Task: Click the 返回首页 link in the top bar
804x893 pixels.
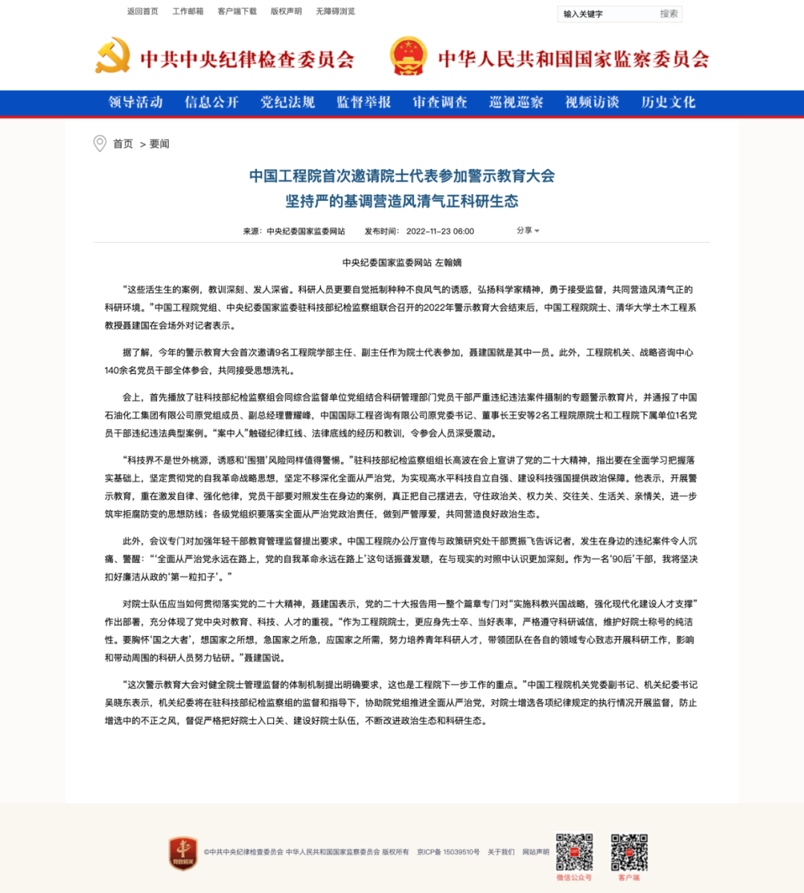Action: (x=142, y=11)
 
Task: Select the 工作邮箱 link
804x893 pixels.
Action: (x=188, y=11)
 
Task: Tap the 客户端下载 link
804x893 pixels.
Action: (x=237, y=11)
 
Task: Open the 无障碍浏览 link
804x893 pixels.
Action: (x=335, y=11)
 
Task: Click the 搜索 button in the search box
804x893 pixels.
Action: (x=669, y=13)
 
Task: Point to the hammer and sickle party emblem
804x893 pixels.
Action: (x=113, y=56)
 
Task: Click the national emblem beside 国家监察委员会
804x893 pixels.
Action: (x=408, y=57)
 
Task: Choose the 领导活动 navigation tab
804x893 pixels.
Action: (x=135, y=103)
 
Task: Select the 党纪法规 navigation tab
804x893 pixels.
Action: (x=287, y=103)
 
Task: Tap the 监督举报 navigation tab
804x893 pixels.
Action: (x=363, y=103)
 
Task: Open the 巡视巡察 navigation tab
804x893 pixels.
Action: (x=516, y=103)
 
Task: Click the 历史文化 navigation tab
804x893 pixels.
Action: (x=668, y=103)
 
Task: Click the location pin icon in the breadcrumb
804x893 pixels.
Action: (x=100, y=143)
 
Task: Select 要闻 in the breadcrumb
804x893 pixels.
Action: (x=159, y=144)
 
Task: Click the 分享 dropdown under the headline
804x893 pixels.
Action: (x=528, y=231)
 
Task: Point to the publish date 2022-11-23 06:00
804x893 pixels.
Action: (x=440, y=232)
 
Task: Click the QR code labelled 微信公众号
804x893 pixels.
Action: (x=575, y=852)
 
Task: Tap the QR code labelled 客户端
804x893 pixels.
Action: (x=629, y=852)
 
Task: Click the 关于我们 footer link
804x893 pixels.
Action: (x=501, y=852)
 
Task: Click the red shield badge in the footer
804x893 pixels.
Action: (x=183, y=853)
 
